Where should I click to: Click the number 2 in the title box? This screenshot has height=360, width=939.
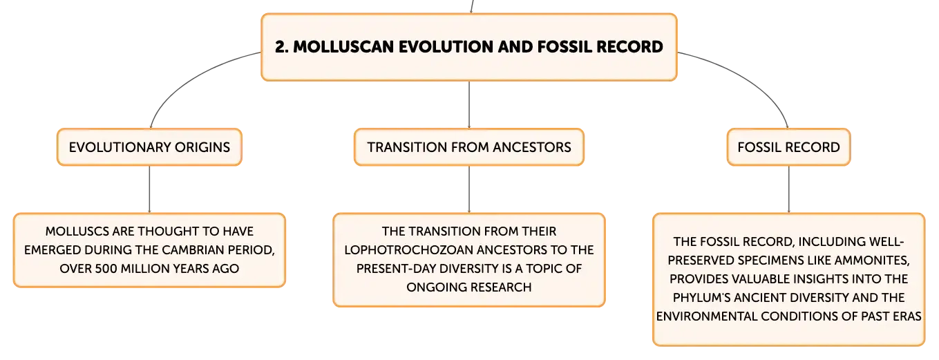281,47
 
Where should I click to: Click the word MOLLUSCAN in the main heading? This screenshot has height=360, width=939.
343,47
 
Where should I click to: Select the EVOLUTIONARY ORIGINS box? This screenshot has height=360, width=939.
150,147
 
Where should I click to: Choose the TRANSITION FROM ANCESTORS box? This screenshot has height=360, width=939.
469,147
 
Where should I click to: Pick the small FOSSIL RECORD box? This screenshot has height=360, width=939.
788,147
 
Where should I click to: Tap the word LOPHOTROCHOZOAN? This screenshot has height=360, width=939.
408,249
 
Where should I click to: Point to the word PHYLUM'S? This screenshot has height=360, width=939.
701,298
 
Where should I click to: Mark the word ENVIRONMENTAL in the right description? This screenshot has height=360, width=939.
707,316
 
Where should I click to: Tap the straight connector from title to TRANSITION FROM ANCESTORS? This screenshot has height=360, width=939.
469,105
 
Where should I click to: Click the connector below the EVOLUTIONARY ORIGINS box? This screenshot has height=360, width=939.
150,189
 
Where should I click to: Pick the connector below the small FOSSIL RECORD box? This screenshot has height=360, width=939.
788,189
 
